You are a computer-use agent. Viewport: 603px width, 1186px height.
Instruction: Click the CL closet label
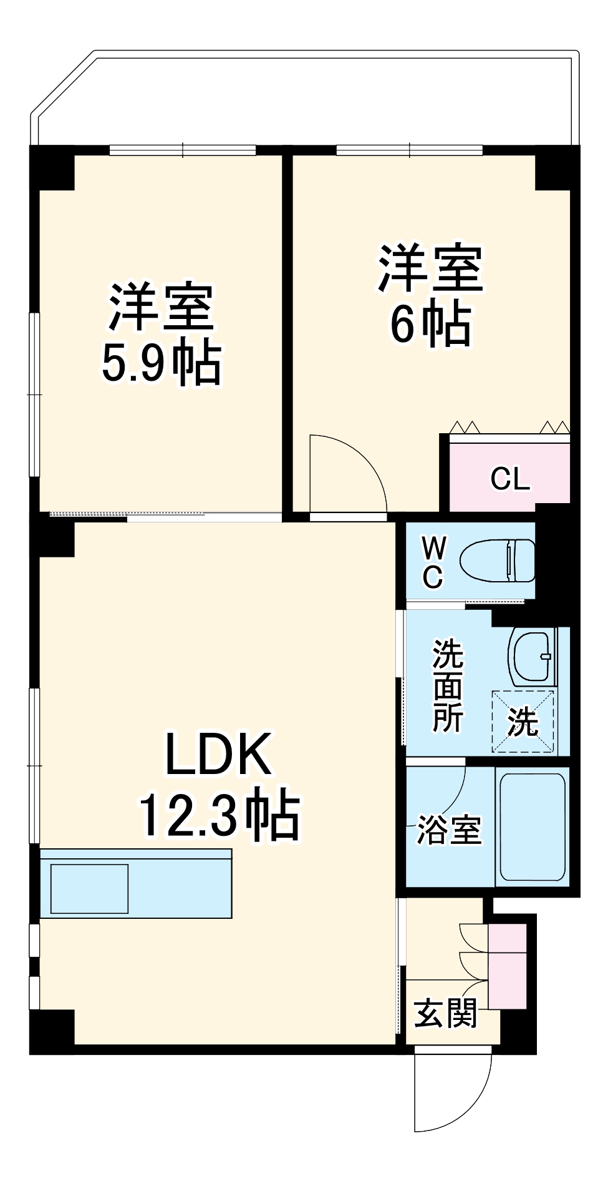(x=510, y=479)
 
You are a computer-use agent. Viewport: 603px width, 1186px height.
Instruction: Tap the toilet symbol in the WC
(x=497, y=560)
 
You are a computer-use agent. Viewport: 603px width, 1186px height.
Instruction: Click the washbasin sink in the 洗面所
(x=532, y=656)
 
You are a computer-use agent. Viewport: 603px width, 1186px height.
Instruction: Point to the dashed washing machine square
(x=523, y=721)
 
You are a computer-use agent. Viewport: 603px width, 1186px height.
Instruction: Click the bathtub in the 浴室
(x=533, y=826)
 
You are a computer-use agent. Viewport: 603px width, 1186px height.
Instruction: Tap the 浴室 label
(x=449, y=830)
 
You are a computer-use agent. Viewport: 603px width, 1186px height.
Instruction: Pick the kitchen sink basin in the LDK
(x=90, y=888)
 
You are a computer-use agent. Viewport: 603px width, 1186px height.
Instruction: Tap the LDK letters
(x=218, y=753)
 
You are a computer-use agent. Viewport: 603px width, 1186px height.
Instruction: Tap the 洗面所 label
(x=448, y=685)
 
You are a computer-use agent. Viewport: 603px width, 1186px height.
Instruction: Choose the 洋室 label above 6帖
(x=431, y=269)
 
